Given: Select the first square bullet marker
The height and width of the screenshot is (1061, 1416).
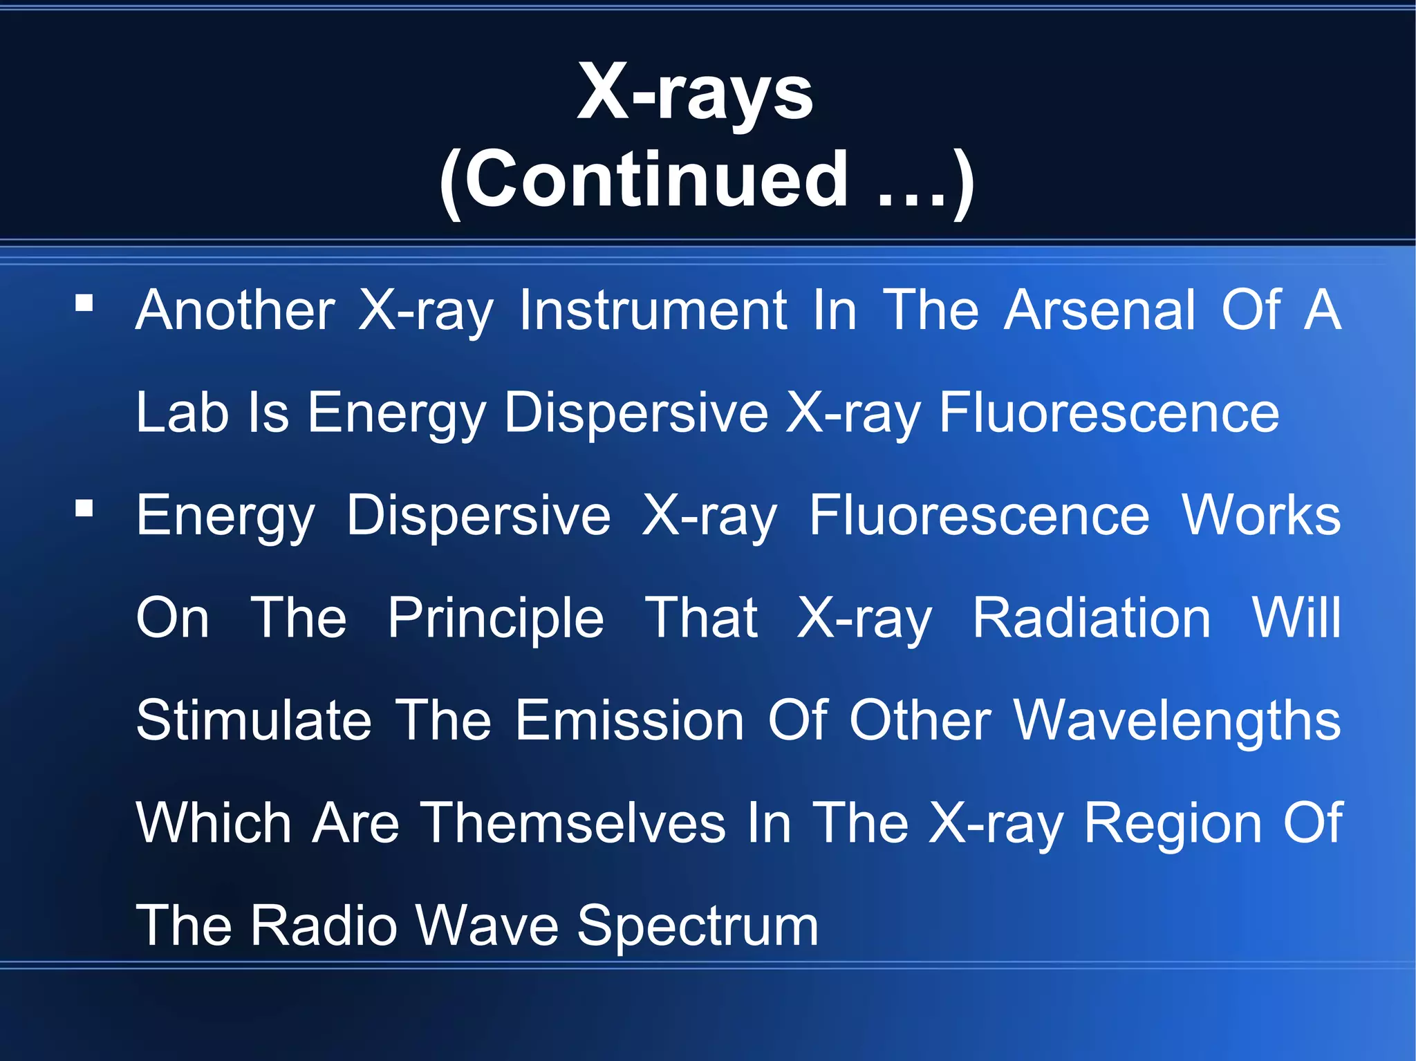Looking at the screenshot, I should pyautogui.click(x=84, y=303).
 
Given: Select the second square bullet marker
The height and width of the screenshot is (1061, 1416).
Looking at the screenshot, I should pyautogui.click(x=84, y=509).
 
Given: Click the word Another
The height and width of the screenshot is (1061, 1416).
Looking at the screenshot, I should pyautogui.click(x=235, y=310).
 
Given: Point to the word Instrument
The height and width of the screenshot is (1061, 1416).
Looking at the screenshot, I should pyautogui.click(x=653, y=310).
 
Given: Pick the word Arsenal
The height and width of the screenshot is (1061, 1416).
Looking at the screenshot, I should pyautogui.click(x=1100, y=310).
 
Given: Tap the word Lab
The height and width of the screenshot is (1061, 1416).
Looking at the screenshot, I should pyautogui.click(x=182, y=413).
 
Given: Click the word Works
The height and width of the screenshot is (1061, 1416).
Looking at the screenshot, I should pyautogui.click(x=1261, y=516).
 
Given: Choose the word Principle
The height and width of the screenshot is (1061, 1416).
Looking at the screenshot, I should pyautogui.click(x=496, y=618).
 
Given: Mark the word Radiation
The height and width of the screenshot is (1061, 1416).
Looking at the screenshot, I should pyautogui.click(x=1092, y=618).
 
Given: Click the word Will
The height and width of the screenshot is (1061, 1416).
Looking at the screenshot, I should pyautogui.click(x=1297, y=618).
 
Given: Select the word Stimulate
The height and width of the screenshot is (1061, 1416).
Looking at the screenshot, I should pyautogui.click(x=254, y=720).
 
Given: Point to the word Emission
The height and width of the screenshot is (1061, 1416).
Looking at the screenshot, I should pyautogui.click(x=630, y=720).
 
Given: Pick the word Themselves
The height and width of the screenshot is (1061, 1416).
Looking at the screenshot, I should pyautogui.click(x=573, y=823).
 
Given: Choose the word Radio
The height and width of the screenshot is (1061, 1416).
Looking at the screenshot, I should pyautogui.click(x=324, y=925).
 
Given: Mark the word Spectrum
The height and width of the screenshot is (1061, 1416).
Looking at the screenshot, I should pyautogui.click(x=698, y=926).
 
